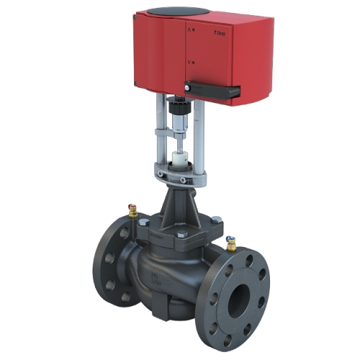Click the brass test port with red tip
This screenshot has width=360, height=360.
coord(132,210)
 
